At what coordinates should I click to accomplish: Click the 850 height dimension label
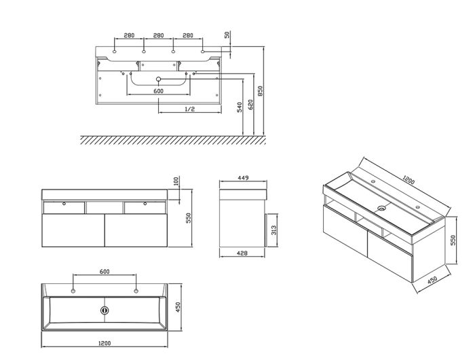pos(260,91)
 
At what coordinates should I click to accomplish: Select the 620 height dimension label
pos(250,105)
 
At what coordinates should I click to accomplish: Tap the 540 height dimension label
pos(240,107)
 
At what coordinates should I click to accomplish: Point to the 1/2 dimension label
pos(189,109)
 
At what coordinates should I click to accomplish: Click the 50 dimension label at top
pos(227,35)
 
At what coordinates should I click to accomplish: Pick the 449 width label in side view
pos(243,178)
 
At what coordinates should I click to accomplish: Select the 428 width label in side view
pos(242,253)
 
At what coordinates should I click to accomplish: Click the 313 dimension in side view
pos(273,231)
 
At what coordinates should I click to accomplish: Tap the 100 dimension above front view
pos(176,181)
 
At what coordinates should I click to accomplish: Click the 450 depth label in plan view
pos(178,307)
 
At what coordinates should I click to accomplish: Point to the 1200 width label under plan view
pos(104,343)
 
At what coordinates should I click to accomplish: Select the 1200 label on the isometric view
pos(408,180)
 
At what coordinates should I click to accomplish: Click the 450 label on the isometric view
pos(432,280)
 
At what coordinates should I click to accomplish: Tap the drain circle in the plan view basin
pos(104,310)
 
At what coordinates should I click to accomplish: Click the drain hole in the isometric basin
pos(382,209)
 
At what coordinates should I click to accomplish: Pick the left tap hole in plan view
pos(73,291)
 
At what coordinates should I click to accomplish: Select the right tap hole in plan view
pos(136,291)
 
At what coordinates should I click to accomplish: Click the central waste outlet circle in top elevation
pos(158,79)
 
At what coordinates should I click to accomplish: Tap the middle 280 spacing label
pos(158,35)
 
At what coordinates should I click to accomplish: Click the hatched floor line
pos(173,140)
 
